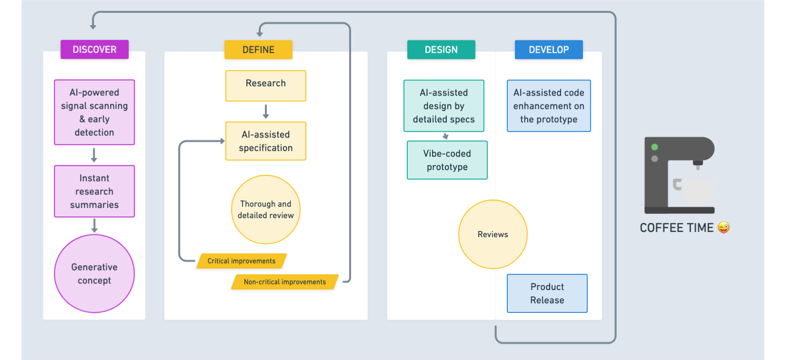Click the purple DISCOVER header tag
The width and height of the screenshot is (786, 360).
tap(94, 50)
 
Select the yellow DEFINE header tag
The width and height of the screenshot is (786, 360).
tap(258, 50)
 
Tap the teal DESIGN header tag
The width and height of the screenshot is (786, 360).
tap(441, 50)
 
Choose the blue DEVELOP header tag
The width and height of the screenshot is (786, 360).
tap(549, 50)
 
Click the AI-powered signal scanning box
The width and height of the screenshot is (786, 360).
tap(94, 112)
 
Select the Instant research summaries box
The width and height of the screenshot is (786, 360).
tap(94, 191)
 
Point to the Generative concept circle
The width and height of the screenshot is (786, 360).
tap(94, 274)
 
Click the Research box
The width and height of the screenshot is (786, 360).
tap(266, 86)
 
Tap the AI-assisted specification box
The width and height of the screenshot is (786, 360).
tap(266, 141)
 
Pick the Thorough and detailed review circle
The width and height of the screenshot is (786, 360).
tap(266, 210)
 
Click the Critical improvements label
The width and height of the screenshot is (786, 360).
tap(242, 261)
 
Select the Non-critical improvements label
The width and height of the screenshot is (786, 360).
tap(285, 282)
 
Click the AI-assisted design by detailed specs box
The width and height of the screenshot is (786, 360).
tap(444, 106)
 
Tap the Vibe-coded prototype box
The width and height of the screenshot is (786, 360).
tap(447, 160)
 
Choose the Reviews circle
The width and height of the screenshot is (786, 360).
tap(493, 234)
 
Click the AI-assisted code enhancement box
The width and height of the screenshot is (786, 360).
tap(549, 106)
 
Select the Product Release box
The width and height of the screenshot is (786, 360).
tap(547, 293)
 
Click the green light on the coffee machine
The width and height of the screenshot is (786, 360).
tap(655, 147)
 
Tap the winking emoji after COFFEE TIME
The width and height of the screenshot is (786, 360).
tap(724, 228)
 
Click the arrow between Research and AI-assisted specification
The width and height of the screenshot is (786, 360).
tap(266, 112)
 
